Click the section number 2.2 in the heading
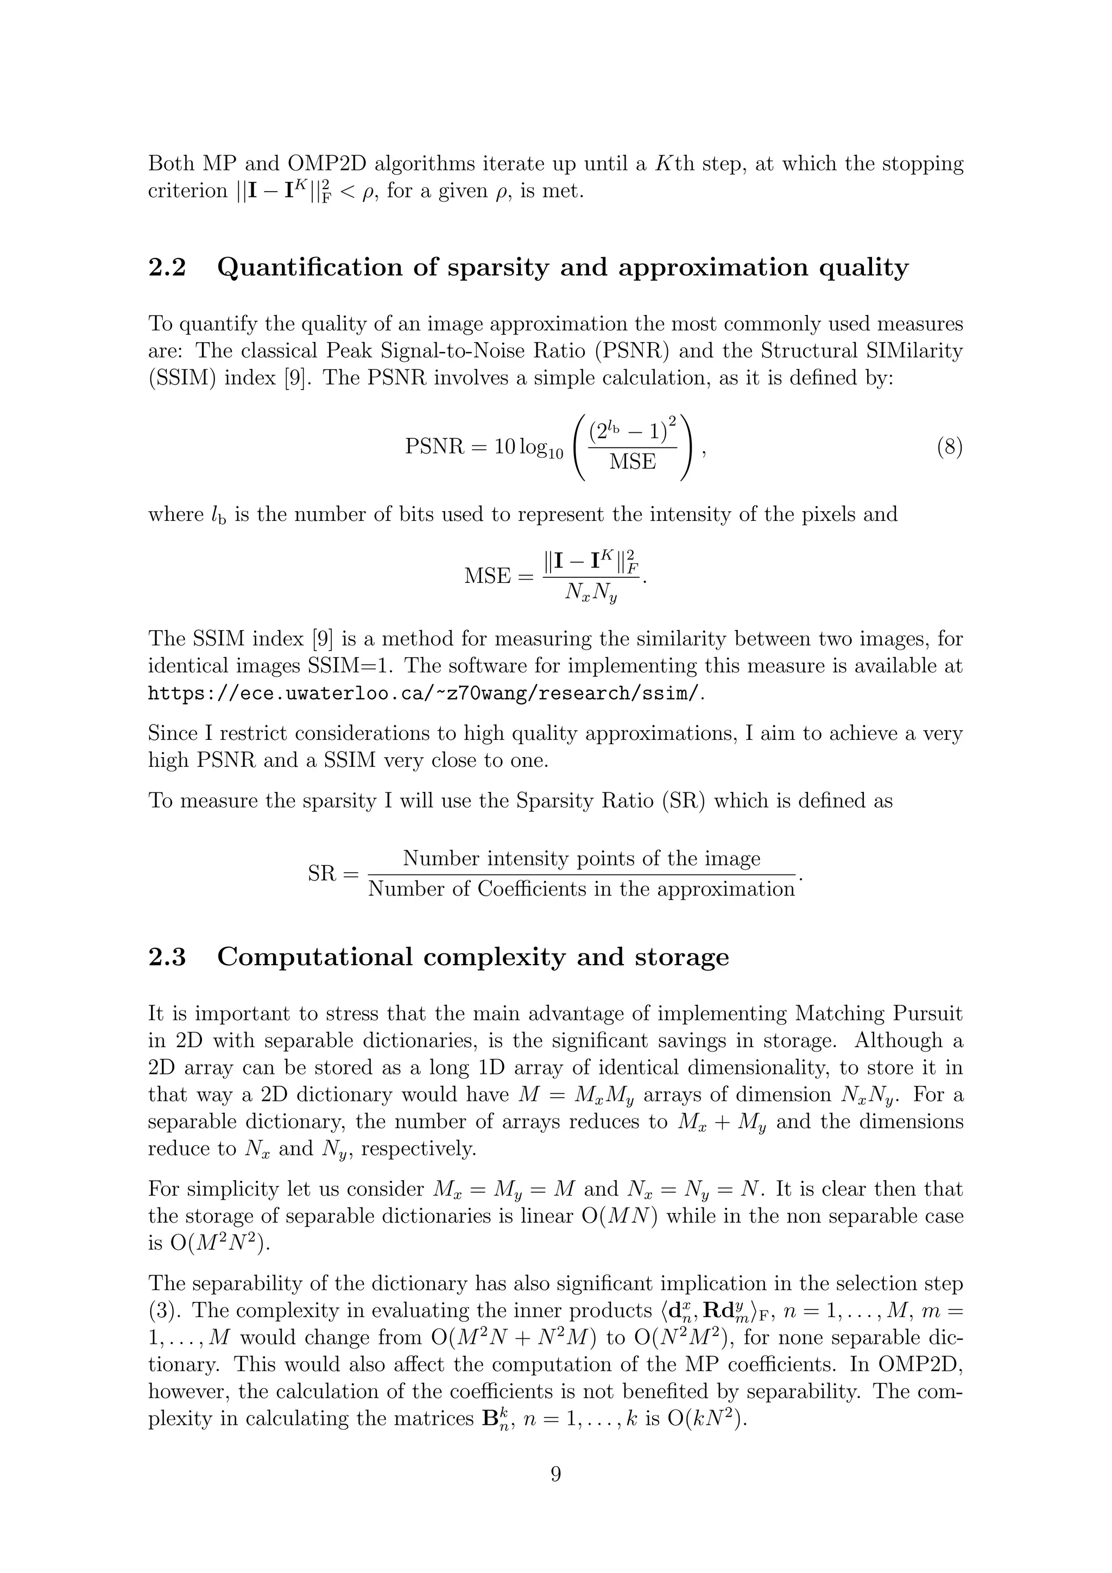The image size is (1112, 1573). tap(167, 268)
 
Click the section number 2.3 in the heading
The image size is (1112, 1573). tap(167, 957)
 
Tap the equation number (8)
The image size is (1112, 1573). tap(949, 448)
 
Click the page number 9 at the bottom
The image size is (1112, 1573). tap(555, 1474)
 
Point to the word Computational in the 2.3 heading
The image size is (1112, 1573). tap(315, 957)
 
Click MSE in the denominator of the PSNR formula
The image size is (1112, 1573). tap(632, 462)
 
